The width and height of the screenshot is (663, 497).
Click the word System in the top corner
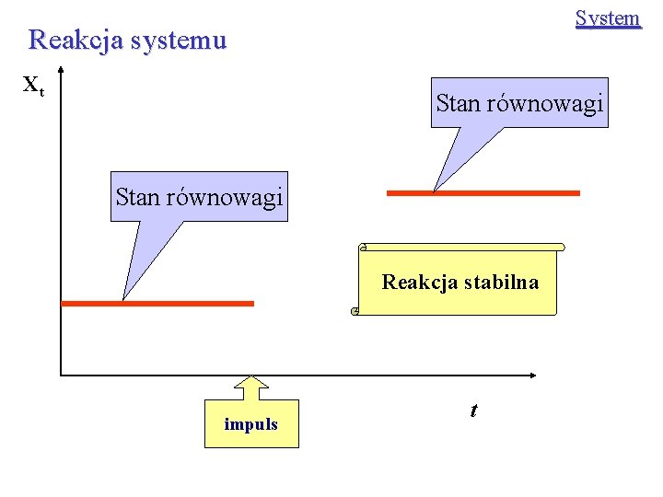coord(607,18)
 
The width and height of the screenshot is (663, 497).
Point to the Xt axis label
coord(32,87)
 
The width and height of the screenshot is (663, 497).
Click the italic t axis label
coord(473,410)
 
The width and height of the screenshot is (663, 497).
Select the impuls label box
coord(251,424)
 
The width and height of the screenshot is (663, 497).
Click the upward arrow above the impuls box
coord(250,387)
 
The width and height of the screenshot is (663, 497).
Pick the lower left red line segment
coord(157,303)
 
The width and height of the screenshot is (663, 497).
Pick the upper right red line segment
coord(483,193)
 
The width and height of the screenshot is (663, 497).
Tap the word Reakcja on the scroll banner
coord(415,282)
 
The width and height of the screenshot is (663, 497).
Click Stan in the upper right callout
coord(458,103)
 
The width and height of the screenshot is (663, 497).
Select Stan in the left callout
coord(137,197)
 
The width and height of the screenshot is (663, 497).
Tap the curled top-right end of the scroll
coord(560,248)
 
